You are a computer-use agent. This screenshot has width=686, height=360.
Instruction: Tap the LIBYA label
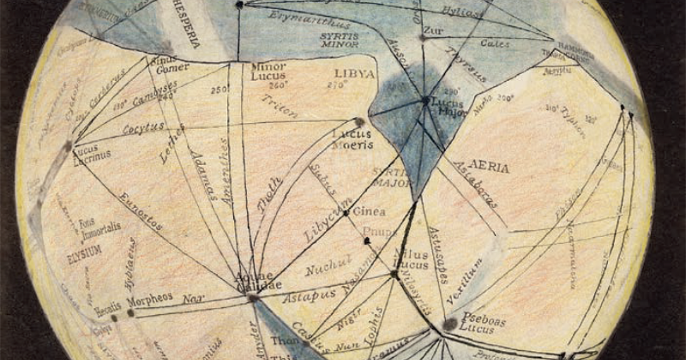click(x=354, y=74)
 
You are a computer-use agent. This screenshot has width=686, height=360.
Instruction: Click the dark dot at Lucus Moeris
click(x=359, y=122)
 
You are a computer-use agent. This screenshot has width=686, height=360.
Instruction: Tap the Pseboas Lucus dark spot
click(x=450, y=324)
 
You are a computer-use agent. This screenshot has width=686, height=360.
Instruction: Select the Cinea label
click(x=369, y=211)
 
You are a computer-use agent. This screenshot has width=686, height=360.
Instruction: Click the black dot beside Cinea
click(x=346, y=213)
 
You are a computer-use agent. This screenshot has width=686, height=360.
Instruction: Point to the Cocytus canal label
click(x=143, y=127)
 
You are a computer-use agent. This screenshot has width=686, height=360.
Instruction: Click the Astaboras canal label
click(x=474, y=183)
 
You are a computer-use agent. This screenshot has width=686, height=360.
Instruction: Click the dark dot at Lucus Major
click(x=425, y=100)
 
